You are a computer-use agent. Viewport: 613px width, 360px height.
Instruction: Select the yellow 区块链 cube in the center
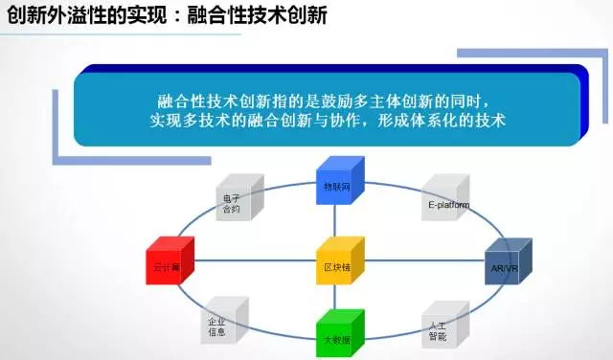coord(339,261)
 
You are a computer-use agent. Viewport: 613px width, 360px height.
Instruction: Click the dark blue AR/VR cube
coord(504,261)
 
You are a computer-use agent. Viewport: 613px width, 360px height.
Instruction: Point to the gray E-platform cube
coord(443,198)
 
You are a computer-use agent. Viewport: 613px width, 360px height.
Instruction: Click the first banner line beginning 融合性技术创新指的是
coord(324,100)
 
